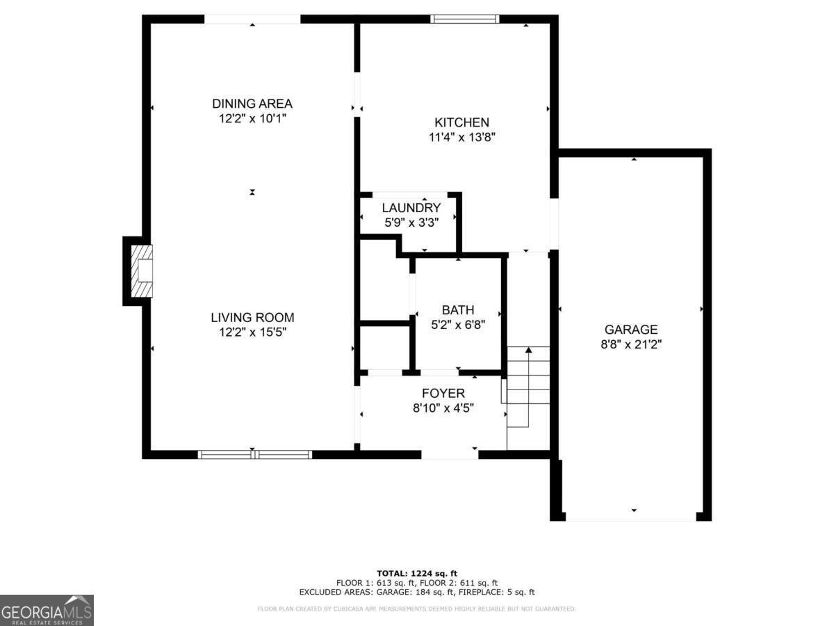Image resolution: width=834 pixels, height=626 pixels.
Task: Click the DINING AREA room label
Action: pyautogui.click(x=252, y=104)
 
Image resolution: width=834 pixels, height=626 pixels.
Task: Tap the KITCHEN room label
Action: pyautogui.click(x=461, y=122)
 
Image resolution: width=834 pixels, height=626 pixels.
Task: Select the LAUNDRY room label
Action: pyautogui.click(x=411, y=208)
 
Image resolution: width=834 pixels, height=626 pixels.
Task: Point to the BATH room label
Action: pyautogui.click(x=458, y=310)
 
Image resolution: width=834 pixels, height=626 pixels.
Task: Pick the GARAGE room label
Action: pyautogui.click(x=630, y=330)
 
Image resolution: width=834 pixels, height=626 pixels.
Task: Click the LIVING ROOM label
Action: pyautogui.click(x=252, y=318)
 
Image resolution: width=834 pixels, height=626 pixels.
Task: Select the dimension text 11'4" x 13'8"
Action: pyautogui.click(x=461, y=138)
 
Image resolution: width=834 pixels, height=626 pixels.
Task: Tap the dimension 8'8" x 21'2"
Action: pyautogui.click(x=630, y=344)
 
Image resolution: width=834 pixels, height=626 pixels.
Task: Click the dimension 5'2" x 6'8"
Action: pyautogui.click(x=458, y=324)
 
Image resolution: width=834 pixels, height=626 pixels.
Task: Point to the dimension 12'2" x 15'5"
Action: pyautogui.click(x=252, y=332)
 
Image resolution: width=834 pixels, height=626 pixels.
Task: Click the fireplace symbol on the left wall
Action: pyautogui.click(x=141, y=271)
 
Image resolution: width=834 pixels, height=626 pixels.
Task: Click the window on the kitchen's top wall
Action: pyautogui.click(x=465, y=19)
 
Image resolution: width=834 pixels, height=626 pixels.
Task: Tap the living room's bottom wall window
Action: pyautogui.click(x=254, y=455)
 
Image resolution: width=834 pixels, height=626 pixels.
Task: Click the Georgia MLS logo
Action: pyautogui.click(x=47, y=610)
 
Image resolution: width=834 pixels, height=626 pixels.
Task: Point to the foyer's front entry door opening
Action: pyautogui.click(x=450, y=455)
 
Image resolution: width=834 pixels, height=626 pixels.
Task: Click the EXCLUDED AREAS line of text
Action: pyautogui.click(x=416, y=593)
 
